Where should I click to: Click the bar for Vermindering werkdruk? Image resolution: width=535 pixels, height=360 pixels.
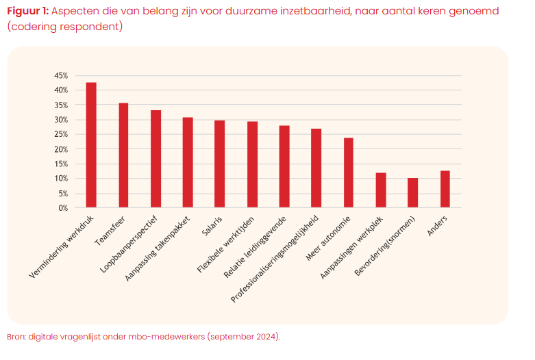[90, 145]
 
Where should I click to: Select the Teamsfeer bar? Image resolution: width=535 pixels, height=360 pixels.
[123, 155]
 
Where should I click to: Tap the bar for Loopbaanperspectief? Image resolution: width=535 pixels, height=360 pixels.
[155, 159]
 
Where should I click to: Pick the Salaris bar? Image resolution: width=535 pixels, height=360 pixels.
[220, 164]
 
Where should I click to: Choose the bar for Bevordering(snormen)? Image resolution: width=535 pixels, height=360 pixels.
[412, 193]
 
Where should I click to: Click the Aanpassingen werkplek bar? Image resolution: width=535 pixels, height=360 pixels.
[381, 190]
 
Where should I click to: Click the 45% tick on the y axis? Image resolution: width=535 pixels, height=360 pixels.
[61, 75]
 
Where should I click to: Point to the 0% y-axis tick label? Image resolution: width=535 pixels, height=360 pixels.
[63, 208]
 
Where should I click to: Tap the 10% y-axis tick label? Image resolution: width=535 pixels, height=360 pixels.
[61, 179]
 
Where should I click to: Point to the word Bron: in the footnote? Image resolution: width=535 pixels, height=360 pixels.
[16, 337]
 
